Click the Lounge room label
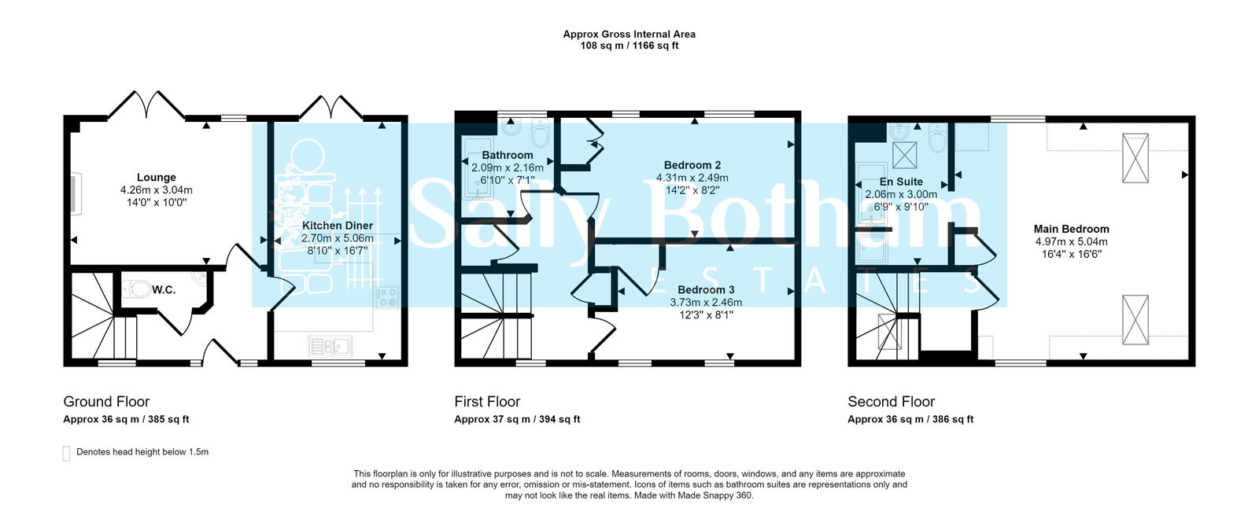tap(156, 178)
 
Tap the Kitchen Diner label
tap(338, 226)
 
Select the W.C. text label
tap(164, 290)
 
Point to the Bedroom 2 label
tap(692, 165)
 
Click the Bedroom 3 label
tap(706, 290)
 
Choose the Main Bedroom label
tap(1071, 230)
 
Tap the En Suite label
tap(901, 182)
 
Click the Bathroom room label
tap(508, 156)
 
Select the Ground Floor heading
tap(106, 402)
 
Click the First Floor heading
tap(487, 402)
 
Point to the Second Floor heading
tap(891, 402)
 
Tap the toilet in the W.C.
tap(138, 289)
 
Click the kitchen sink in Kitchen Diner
tap(330, 345)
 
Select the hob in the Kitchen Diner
tap(387, 297)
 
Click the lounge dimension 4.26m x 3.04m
tap(156, 190)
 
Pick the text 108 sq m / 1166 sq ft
tap(629, 46)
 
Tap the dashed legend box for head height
tap(67, 454)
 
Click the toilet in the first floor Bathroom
tap(540, 134)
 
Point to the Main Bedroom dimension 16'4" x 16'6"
tap(1071, 254)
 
